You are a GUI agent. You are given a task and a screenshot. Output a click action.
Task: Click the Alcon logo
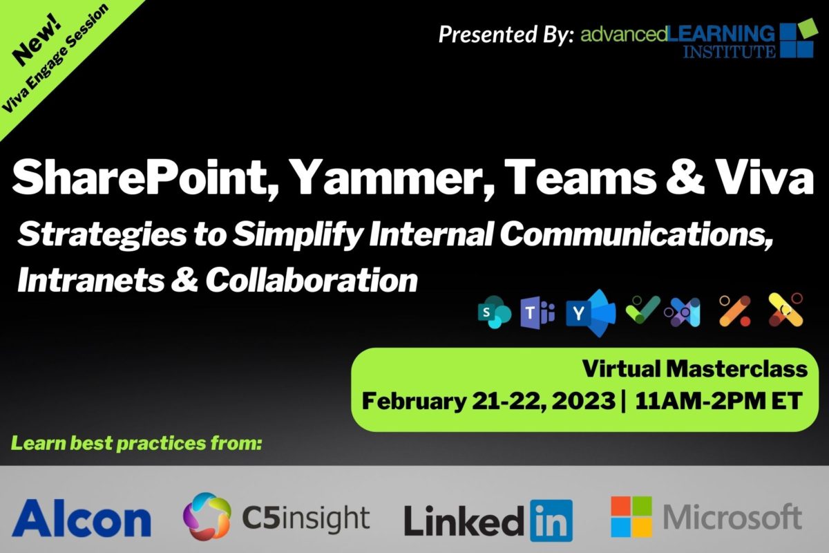[82, 518]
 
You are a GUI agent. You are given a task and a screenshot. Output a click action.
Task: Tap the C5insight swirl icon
[207, 516]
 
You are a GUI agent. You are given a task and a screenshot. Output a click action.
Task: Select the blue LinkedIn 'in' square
[551, 521]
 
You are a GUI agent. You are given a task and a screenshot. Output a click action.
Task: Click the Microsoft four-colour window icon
[631, 516]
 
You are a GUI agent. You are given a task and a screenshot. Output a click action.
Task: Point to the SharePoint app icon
[495, 312]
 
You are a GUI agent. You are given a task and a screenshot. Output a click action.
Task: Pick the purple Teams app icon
[537, 313]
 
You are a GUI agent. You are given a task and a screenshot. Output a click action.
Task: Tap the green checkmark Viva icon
[643, 310]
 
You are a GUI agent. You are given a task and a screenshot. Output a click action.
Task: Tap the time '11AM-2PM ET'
[718, 401]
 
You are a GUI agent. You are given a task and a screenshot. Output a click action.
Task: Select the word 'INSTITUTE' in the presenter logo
[729, 51]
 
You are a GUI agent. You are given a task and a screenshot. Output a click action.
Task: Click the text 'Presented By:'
[506, 34]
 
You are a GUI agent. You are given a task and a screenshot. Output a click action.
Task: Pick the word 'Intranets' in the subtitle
[90, 279]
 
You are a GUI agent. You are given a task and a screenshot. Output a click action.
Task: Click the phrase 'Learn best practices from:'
[137, 443]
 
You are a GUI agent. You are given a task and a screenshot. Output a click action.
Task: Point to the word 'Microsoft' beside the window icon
[732, 516]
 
